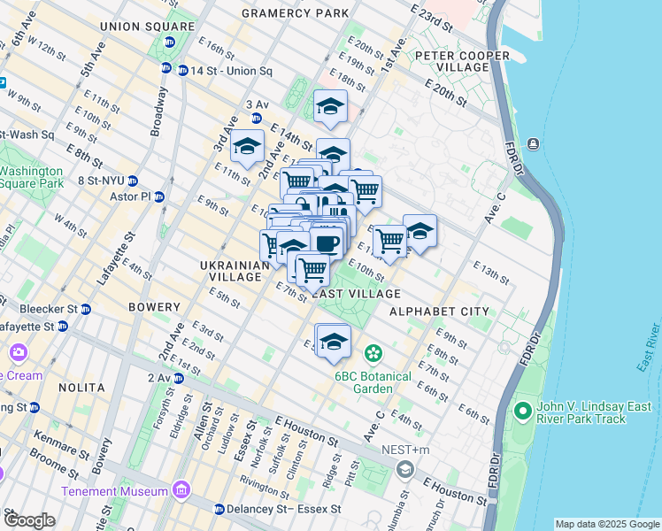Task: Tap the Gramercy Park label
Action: pyautogui.click(x=295, y=13)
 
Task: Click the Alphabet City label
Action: pyautogui.click(x=439, y=312)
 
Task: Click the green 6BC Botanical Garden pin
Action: pyautogui.click(x=373, y=353)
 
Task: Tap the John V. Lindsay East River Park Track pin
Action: pyautogui.click(x=522, y=412)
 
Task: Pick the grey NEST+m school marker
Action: pyautogui.click(x=405, y=468)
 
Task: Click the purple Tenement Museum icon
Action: pyautogui.click(x=181, y=490)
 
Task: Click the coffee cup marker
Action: pyautogui.click(x=327, y=242)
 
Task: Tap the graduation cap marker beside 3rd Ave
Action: pyautogui.click(x=247, y=146)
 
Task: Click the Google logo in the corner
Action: pyautogui.click(x=29, y=520)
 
